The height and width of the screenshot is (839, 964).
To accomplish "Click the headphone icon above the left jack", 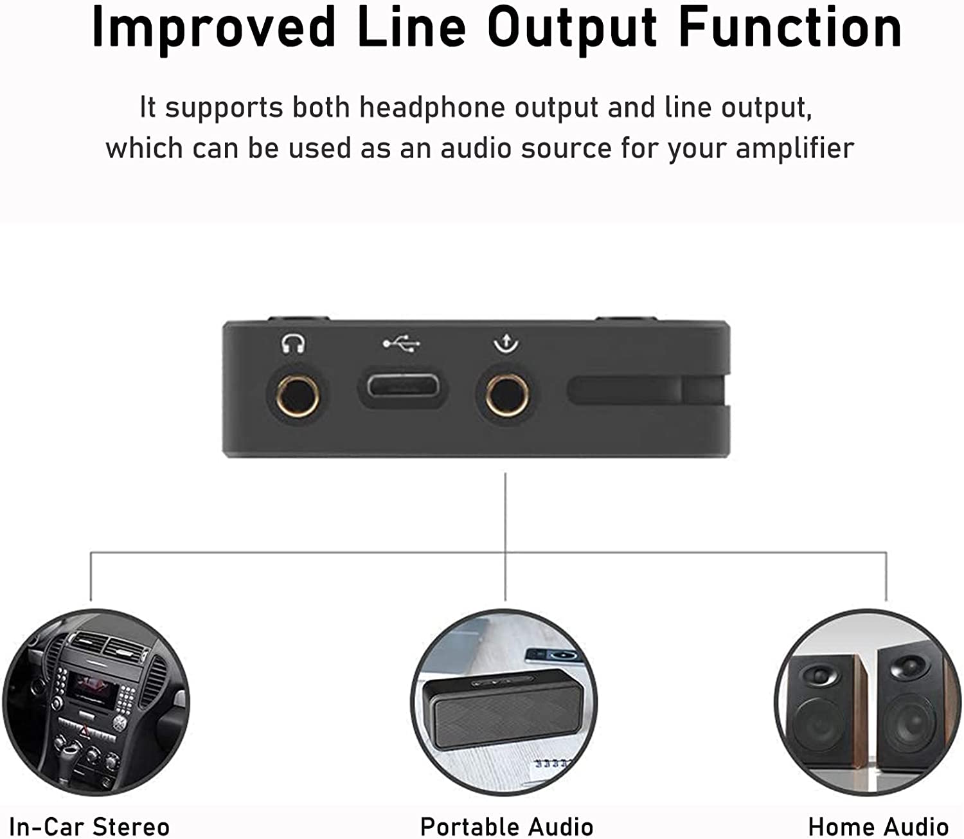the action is [293, 344].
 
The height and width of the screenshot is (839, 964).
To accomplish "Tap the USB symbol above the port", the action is [402, 344].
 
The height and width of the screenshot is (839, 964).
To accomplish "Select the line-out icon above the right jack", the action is [506, 343].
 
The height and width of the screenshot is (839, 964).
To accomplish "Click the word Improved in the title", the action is [213, 29].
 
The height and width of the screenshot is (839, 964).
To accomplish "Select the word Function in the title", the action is [790, 28].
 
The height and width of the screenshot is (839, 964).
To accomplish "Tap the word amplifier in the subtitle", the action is [795, 149].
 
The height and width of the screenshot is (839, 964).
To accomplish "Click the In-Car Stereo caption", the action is [89, 826].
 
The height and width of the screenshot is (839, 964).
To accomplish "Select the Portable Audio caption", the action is [506, 826].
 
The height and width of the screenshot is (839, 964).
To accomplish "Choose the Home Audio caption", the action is [879, 826].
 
